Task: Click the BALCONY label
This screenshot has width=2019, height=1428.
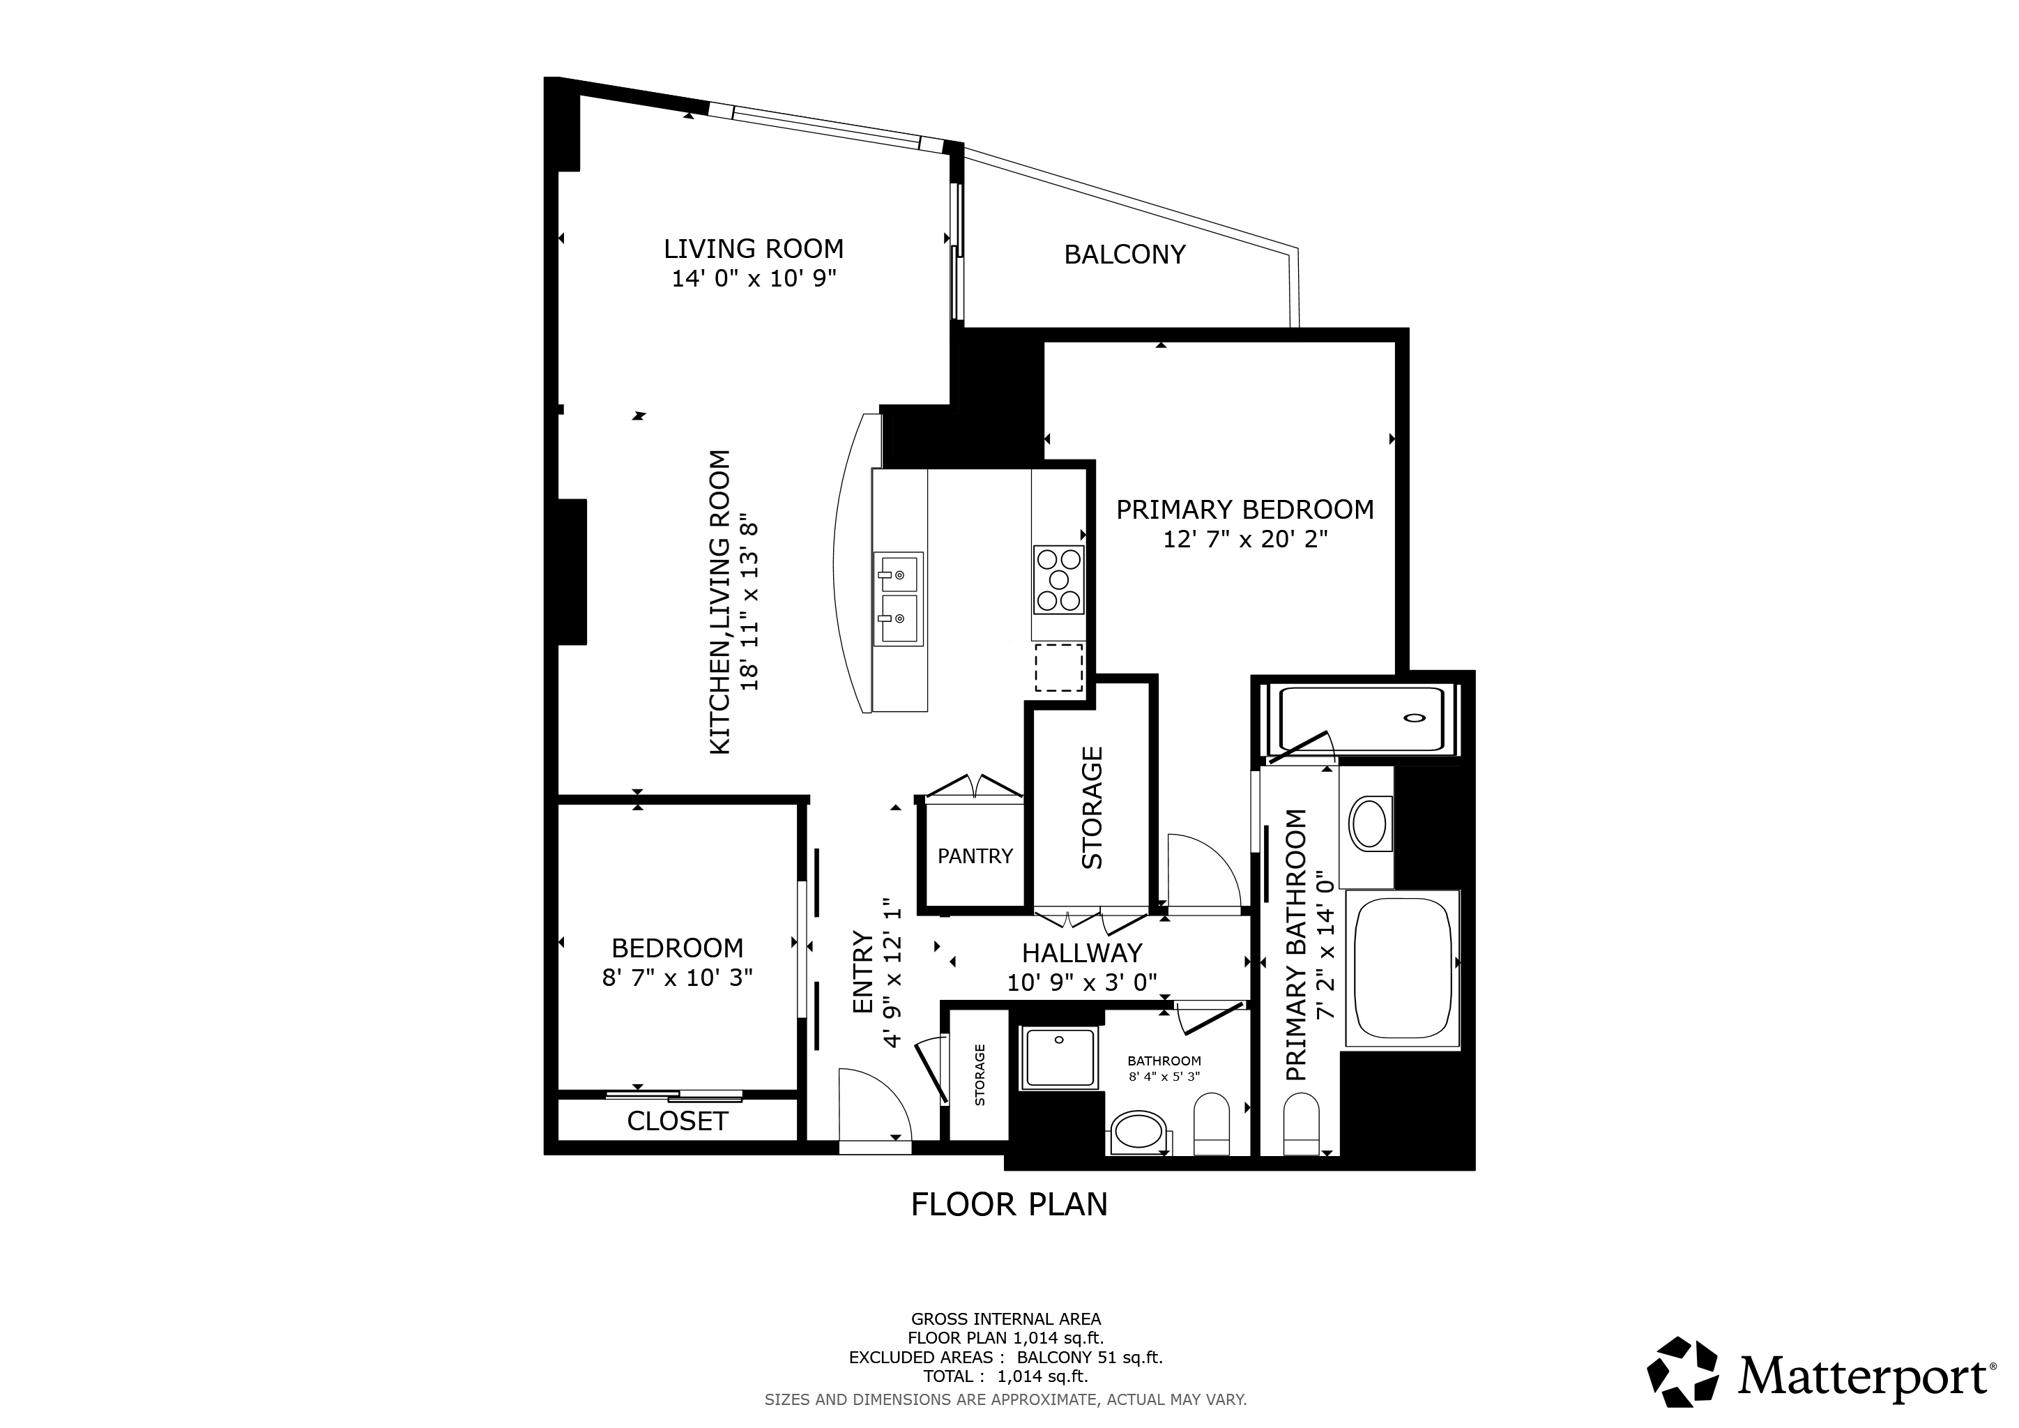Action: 1125,255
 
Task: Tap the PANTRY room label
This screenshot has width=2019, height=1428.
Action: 975,856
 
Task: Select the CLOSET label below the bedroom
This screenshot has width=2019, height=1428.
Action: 677,1121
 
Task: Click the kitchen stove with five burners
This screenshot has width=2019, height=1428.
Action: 1059,580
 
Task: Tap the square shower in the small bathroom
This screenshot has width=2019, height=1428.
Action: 1060,1058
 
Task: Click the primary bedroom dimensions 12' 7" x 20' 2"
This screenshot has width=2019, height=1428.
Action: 1244,540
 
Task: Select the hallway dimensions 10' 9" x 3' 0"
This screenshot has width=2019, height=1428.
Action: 1081,982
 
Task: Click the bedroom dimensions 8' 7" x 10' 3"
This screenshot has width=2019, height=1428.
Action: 677,978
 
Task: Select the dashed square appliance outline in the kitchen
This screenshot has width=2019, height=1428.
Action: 1059,667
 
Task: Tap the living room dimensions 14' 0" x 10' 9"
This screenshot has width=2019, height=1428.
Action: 754,280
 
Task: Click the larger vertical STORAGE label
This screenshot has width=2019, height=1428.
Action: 1092,808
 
